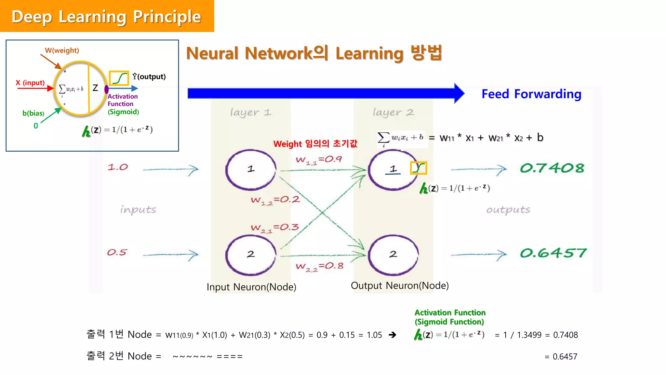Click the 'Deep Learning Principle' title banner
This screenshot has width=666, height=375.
[x=107, y=16]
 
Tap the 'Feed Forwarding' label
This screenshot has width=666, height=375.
[x=531, y=94]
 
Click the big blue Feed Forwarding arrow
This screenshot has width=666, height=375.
[x=325, y=93]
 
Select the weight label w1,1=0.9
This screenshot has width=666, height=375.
[x=319, y=160]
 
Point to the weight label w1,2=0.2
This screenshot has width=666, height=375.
[x=275, y=200]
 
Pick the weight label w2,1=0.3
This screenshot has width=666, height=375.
[x=274, y=228]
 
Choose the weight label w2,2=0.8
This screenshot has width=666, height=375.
[x=319, y=267]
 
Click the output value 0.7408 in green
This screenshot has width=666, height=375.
[x=552, y=168]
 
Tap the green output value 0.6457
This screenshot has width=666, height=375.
[x=553, y=253]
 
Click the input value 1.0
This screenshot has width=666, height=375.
[x=118, y=167]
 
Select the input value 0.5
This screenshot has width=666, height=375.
[x=117, y=252]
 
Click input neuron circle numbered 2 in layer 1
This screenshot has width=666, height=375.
[x=251, y=255]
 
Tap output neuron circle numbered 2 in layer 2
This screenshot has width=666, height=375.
[x=393, y=255]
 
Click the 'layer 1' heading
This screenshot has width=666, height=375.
[x=250, y=113]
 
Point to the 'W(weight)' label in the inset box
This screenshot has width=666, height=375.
[x=62, y=50]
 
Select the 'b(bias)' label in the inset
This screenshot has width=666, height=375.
[x=33, y=113]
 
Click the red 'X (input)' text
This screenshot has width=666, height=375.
[x=30, y=83]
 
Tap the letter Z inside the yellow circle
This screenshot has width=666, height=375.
[x=95, y=88]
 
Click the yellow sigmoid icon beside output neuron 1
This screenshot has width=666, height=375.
[x=418, y=168]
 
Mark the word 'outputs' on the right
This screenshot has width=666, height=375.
[x=508, y=210]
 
